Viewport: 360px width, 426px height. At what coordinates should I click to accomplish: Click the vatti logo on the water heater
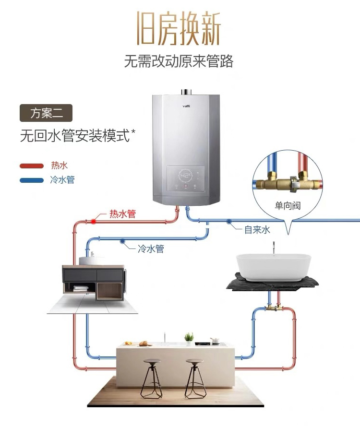coord(186,106)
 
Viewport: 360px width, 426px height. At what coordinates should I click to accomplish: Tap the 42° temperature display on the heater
coord(186,175)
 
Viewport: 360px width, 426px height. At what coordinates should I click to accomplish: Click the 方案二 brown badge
coord(46,113)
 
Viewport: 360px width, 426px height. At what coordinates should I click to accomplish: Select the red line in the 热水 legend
coord(32,166)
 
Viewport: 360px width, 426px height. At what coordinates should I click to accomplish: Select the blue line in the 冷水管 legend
coord(32,180)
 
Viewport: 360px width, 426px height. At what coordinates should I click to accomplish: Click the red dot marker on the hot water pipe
coord(94,222)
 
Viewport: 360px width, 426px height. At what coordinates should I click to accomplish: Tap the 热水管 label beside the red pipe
coord(122,214)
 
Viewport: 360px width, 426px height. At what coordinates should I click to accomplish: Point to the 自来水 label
coord(257,230)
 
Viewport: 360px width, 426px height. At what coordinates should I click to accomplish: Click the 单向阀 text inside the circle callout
coord(288,206)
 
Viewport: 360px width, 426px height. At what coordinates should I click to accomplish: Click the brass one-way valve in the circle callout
coord(288,181)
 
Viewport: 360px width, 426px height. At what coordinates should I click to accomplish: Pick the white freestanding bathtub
coord(273,267)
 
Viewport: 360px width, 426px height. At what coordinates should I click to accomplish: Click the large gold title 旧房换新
coord(179,28)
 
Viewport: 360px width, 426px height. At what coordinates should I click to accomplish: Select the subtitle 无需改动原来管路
coord(179,61)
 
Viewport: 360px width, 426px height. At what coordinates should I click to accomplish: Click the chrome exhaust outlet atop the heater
coord(186,92)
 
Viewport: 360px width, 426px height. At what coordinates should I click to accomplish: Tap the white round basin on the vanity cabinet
coord(91,260)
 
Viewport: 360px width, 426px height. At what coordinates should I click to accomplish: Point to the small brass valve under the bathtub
coord(274,308)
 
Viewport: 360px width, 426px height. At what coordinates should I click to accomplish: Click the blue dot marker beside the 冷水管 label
coord(122,240)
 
